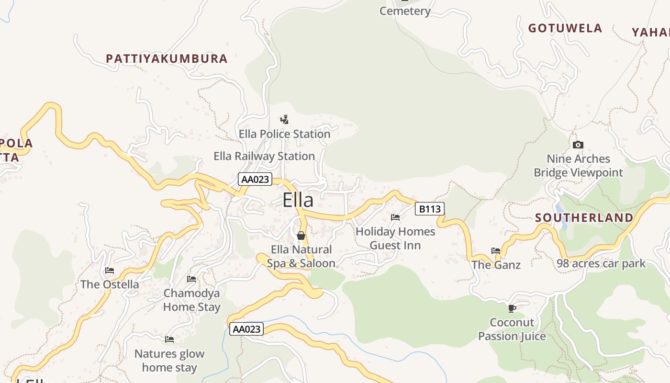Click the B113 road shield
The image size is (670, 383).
click(429, 209)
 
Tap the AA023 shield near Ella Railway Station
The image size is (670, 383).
click(255, 180)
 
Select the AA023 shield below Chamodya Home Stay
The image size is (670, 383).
click(246, 329)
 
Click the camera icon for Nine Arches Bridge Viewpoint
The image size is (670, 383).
click(578, 145)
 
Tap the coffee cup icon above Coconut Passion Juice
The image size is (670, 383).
click(512, 308)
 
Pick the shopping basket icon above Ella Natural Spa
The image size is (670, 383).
click(301, 236)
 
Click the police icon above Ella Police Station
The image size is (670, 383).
click(284, 120)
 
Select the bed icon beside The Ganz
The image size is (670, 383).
click(496, 250)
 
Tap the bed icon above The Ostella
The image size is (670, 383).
click(110, 270)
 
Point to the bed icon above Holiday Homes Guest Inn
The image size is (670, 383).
click(395, 217)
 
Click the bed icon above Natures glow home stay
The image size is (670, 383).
click(169, 339)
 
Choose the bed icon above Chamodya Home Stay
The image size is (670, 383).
click(191, 279)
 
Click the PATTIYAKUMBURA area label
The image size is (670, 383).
click(167, 59)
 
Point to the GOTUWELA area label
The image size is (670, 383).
click(565, 28)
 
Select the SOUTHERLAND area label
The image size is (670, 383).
click(584, 218)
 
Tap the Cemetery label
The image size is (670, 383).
click(405, 11)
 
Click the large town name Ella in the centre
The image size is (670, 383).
click(298, 200)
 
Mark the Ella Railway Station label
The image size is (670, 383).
click(264, 156)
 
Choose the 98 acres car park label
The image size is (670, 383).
click(601, 263)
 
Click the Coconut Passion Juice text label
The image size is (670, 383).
click(512, 329)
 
